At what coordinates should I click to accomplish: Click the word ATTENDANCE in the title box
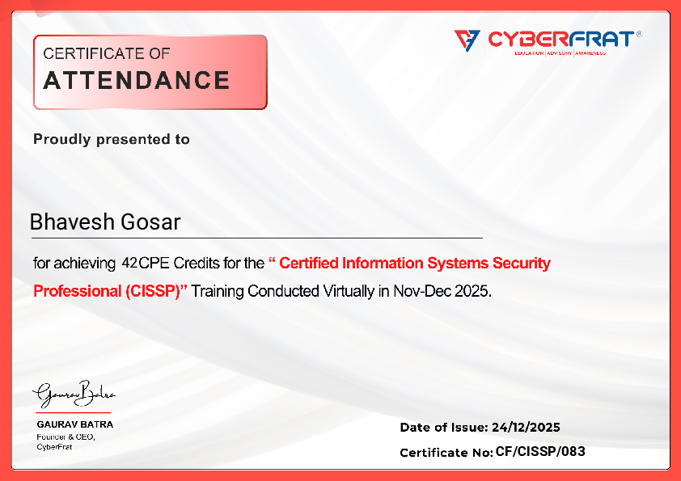(137, 80)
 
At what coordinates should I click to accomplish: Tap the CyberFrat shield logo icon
(467, 40)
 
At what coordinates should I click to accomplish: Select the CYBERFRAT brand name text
(560, 39)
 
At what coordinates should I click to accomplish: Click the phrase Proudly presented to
(112, 139)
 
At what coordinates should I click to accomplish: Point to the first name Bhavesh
(72, 222)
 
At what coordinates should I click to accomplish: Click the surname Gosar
(150, 222)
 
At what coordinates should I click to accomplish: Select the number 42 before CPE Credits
(129, 263)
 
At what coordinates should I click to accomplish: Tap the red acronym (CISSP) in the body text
(152, 291)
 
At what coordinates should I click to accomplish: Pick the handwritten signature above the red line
(74, 395)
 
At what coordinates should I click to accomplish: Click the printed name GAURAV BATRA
(75, 424)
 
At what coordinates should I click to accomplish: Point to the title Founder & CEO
(66, 437)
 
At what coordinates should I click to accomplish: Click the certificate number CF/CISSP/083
(540, 451)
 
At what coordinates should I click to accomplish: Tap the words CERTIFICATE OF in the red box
(107, 53)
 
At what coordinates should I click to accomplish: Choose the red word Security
(521, 263)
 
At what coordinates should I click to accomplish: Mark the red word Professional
(78, 291)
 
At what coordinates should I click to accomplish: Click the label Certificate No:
(446, 453)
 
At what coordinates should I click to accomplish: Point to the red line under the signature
(73, 412)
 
